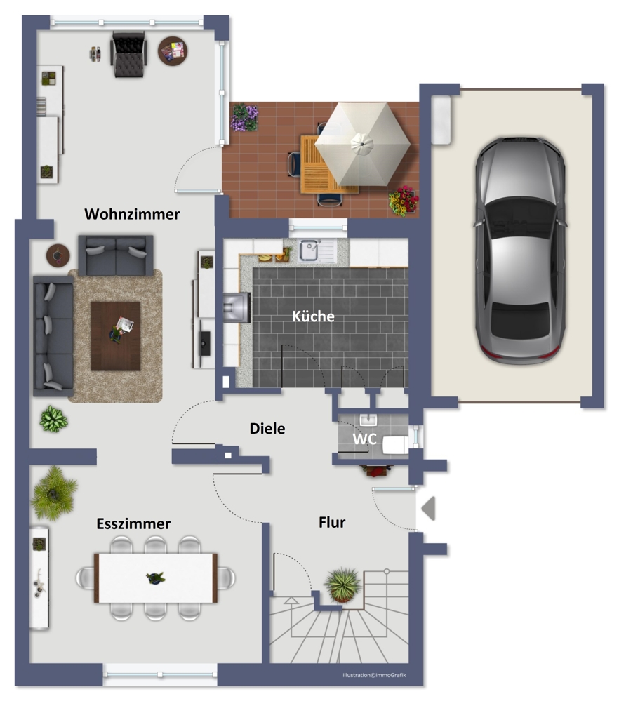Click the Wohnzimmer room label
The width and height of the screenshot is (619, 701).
point(132,214)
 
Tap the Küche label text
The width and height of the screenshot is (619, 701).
point(313,316)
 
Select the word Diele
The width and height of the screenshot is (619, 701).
point(267,428)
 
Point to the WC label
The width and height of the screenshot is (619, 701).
point(364,439)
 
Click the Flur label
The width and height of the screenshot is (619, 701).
point(332,522)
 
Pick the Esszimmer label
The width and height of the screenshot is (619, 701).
point(133,523)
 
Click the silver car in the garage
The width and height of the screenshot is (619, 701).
point(520,250)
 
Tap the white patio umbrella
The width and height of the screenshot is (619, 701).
point(362,144)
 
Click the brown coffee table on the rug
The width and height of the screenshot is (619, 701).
point(116,335)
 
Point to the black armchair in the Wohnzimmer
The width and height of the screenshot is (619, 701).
point(129,54)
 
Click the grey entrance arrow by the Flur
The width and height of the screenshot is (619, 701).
point(429,508)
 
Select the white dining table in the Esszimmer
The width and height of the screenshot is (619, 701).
point(156,578)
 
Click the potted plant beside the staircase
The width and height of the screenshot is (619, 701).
point(343,585)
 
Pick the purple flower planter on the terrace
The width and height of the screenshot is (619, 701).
point(245,118)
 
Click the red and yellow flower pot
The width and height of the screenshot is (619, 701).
point(404,201)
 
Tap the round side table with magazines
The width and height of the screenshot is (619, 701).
point(173,51)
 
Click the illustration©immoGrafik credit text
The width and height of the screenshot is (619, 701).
point(374,675)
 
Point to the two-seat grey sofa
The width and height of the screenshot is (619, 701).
point(116,255)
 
